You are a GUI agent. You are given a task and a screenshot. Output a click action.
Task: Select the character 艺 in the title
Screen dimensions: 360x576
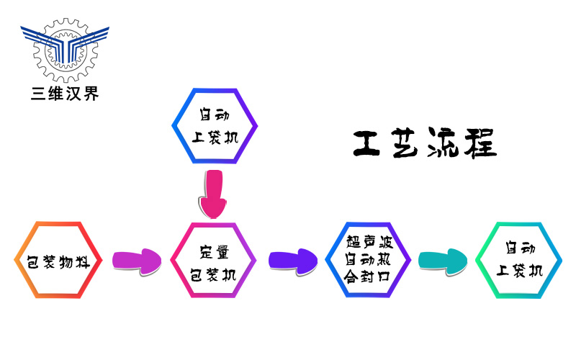click(411, 143)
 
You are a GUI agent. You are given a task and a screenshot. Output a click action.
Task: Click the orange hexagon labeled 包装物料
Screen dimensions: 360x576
click(58, 261)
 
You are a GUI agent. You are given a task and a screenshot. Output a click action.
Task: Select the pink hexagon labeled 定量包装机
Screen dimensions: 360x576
click(213, 261)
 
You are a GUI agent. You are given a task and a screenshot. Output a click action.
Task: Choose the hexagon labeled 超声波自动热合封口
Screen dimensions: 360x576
click(369, 261)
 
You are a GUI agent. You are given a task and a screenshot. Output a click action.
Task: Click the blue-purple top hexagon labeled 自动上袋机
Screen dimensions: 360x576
click(215, 126)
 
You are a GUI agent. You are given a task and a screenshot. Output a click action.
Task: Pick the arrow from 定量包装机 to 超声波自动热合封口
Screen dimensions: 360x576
click(292, 260)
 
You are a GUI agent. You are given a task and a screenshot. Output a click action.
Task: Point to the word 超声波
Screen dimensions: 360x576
click(369, 242)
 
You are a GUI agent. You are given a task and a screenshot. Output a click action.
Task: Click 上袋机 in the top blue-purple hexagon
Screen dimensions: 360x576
click(215, 136)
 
